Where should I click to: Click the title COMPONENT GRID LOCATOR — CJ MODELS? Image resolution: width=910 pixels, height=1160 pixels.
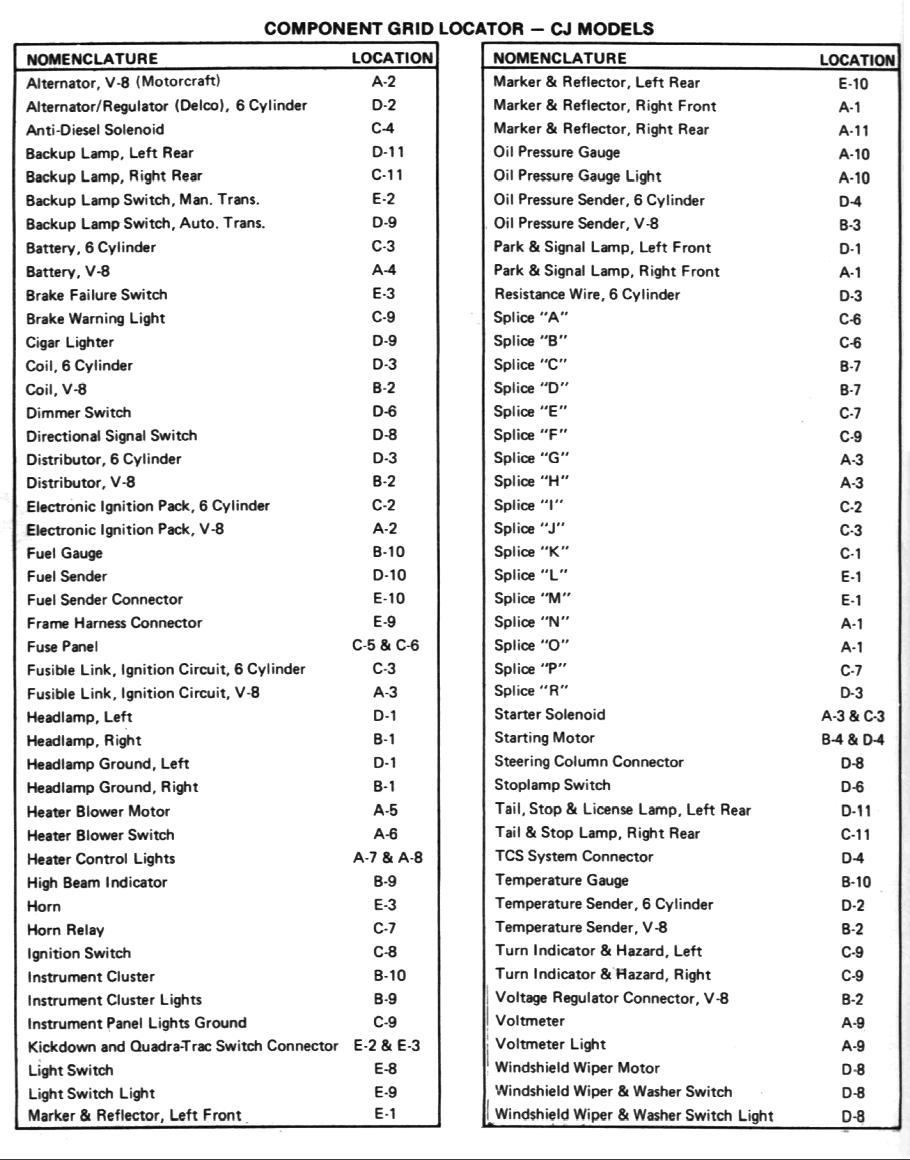pyautogui.click(x=459, y=29)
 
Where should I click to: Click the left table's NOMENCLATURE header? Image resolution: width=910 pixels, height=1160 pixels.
pyautogui.click(x=92, y=59)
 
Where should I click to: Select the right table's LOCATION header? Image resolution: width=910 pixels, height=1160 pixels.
pyautogui.click(x=857, y=60)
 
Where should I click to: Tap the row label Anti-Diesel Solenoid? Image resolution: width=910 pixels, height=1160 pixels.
pyautogui.click(x=95, y=130)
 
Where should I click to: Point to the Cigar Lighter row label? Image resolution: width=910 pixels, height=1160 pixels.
pyautogui.click(x=70, y=342)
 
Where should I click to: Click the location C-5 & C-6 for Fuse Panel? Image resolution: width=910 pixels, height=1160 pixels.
pyautogui.click(x=385, y=646)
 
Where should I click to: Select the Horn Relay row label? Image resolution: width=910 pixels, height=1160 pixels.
pyautogui.click(x=66, y=930)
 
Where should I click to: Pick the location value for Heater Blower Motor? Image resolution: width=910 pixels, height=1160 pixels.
pyautogui.click(x=385, y=810)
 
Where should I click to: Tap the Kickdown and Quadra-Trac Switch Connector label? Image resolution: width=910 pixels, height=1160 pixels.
pyautogui.click(x=183, y=1047)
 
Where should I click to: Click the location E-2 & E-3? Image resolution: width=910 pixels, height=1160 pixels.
pyautogui.click(x=386, y=1046)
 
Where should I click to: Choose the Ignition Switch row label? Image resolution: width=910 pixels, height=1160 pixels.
pyautogui.click(x=79, y=953)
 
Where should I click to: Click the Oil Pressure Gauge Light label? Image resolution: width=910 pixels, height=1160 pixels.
pyautogui.click(x=577, y=176)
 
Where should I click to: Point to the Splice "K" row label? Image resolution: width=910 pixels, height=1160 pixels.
pyautogui.click(x=531, y=552)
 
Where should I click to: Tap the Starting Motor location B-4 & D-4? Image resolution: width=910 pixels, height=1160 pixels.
pyautogui.click(x=852, y=740)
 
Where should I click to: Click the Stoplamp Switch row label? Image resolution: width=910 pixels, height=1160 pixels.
pyautogui.click(x=552, y=785)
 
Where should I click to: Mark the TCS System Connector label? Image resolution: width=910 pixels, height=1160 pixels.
pyautogui.click(x=574, y=857)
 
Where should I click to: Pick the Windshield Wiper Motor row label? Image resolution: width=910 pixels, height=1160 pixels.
pyautogui.click(x=577, y=1068)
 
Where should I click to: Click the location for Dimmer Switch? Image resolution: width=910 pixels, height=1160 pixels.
pyautogui.click(x=384, y=412)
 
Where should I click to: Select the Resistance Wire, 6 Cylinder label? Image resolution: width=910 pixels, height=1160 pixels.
pyautogui.click(x=587, y=295)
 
